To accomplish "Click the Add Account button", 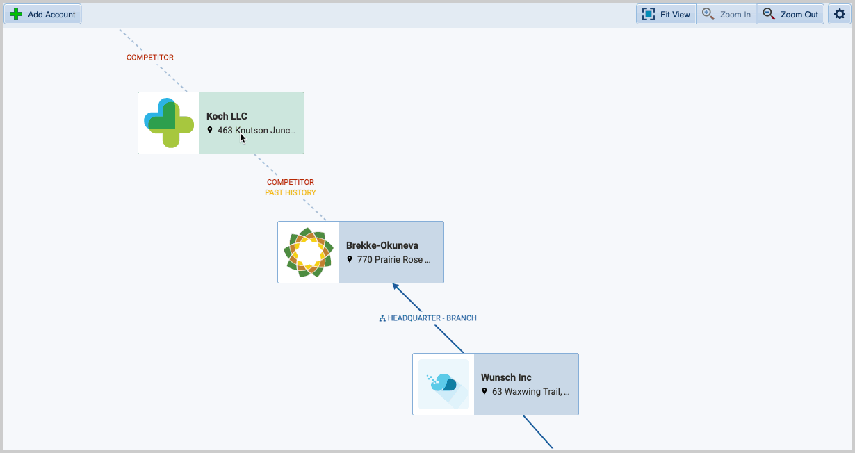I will tap(43, 14).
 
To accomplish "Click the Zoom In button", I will tap(726, 14).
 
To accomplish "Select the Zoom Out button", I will tap(790, 14).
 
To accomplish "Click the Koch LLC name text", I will tap(227, 116).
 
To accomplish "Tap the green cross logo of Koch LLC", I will tap(169, 123).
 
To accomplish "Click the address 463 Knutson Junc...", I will tap(256, 130).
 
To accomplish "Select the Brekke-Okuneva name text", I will tap(382, 245).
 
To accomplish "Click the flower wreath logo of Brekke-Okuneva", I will tap(309, 252).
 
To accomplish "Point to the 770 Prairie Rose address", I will tap(393, 259).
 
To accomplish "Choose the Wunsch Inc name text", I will tap(506, 377).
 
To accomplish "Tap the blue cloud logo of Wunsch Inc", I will tap(443, 384).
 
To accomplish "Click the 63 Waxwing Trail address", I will tap(530, 391).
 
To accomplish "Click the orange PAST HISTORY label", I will tap(290, 192).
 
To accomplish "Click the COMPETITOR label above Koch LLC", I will tap(150, 58).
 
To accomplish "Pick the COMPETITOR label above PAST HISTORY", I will tap(291, 182).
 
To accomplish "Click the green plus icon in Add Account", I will tap(16, 14).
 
